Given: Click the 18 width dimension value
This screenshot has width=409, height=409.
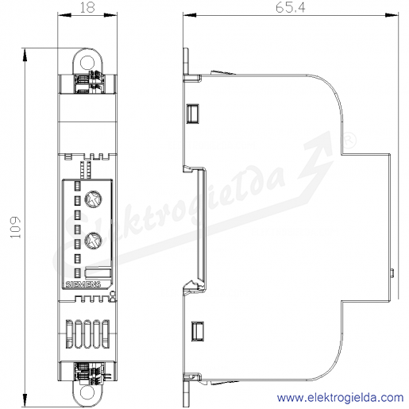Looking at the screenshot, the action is point(87,8).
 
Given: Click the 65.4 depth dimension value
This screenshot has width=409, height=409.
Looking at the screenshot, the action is point(291,8).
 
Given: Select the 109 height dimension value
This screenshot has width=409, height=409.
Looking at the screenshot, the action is point(16,228).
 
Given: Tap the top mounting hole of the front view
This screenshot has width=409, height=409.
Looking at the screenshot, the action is point(87,63).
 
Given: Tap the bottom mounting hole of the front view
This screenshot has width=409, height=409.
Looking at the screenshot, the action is point(87,392).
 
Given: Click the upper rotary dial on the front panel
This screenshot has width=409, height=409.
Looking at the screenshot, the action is point(93,199).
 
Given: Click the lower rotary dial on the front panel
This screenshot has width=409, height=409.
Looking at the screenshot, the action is point(93,241).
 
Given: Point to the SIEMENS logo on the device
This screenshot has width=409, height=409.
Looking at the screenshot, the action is point(83,284).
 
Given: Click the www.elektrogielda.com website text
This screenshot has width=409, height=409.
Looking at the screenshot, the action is point(340,398).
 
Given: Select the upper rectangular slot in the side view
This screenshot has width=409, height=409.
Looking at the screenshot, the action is point(193,114).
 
